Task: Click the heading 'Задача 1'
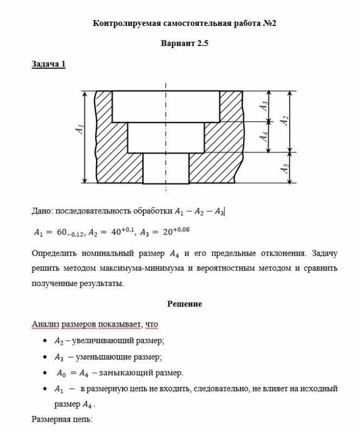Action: click(49, 64)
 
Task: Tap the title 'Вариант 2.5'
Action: click(184, 44)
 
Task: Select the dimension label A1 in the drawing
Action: click(79, 129)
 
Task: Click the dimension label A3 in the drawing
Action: click(264, 106)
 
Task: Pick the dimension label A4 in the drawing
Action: click(264, 136)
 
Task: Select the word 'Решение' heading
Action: click(184, 304)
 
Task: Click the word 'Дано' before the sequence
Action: click(42, 210)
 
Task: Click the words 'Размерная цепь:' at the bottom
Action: click(62, 419)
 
